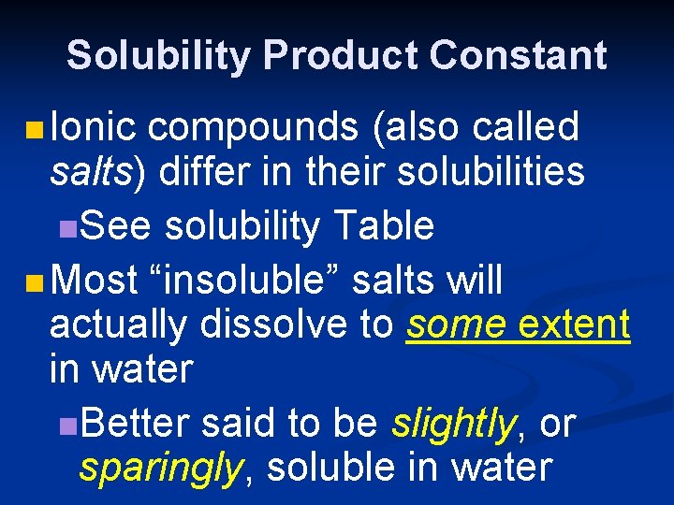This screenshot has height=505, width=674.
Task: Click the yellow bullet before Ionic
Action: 35,128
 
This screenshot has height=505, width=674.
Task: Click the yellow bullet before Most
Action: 35,279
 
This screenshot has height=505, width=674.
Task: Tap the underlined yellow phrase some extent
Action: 518,325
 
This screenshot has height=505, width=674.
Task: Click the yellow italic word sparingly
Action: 159,468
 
